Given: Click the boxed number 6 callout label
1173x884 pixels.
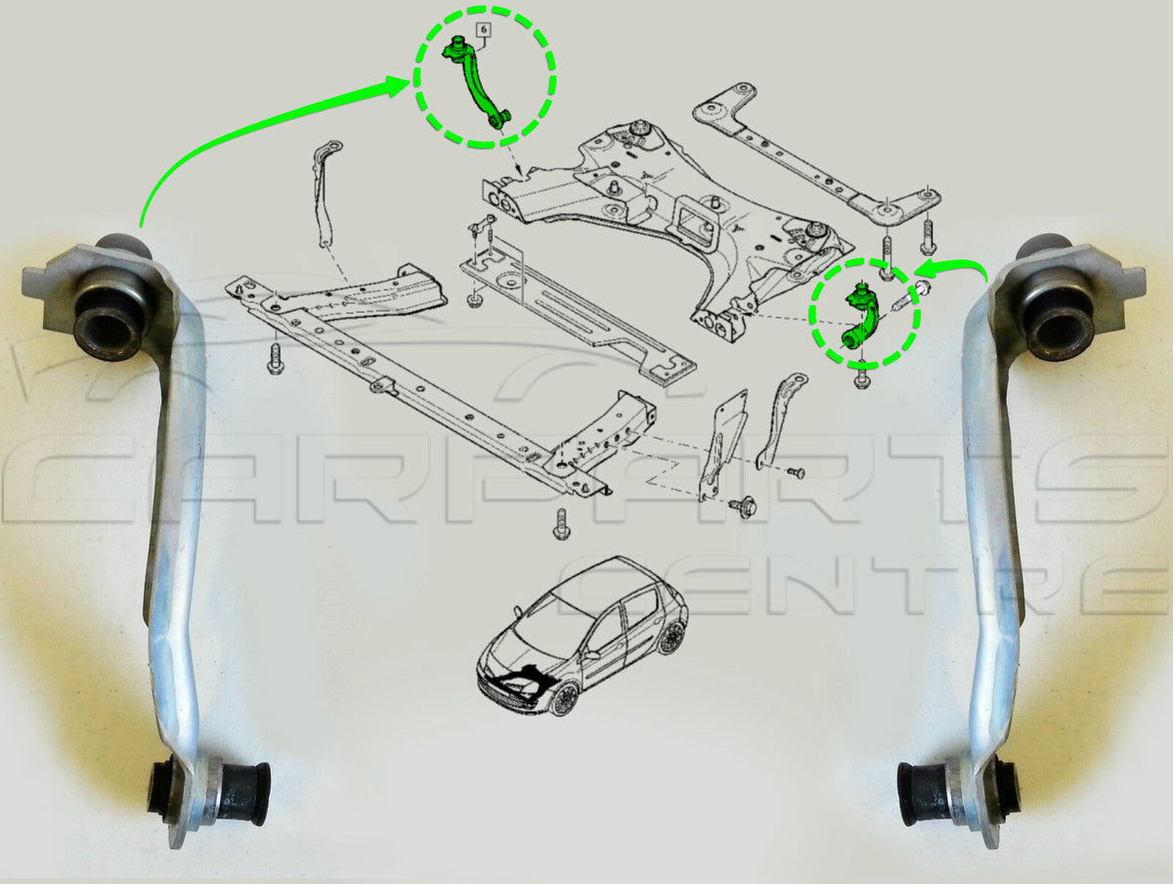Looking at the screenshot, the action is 484,30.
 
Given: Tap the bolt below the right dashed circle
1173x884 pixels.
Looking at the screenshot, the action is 861,376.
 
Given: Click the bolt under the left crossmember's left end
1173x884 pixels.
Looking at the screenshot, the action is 275,359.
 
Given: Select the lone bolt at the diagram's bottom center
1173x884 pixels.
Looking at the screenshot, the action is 560,523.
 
